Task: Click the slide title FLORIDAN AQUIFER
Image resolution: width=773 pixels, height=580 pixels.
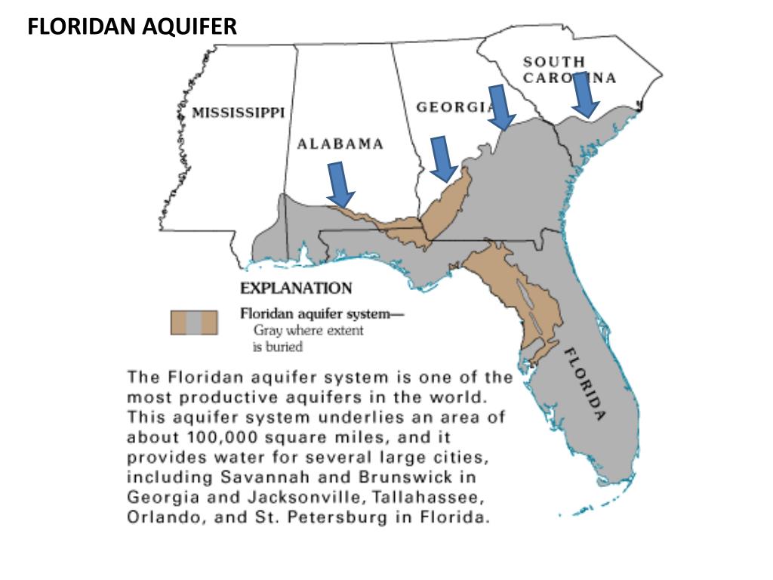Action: point(132,28)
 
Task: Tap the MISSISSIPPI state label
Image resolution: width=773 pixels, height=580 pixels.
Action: point(238,113)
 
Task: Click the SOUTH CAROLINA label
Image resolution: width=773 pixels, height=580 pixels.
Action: point(570,69)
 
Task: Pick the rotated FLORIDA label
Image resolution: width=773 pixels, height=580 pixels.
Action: point(586,384)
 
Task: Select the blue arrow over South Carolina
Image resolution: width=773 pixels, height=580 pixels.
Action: point(584,94)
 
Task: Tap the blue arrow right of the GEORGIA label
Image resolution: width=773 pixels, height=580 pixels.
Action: point(500,106)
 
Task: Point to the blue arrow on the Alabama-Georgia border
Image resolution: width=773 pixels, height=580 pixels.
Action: point(442,159)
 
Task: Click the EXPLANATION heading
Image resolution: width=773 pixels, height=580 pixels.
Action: point(295,288)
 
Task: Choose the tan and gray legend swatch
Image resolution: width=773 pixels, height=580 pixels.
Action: point(194,322)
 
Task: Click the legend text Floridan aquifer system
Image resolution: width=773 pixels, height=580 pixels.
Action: point(313,313)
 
